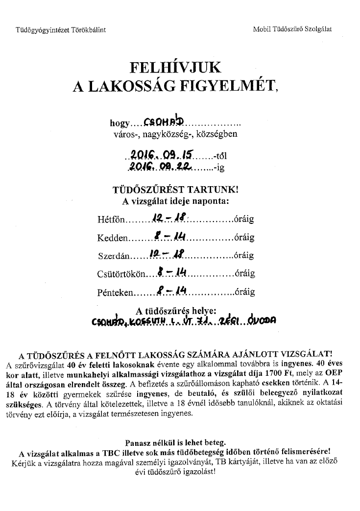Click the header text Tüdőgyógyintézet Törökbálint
pyautogui.click(x=61, y=29)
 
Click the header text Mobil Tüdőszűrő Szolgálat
pyautogui.click(x=292, y=29)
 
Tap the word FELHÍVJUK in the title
pyautogui.click(x=175, y=67)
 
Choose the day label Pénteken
pyautogui.click(x=115, y=292)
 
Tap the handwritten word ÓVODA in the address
pyautogui.click(x=264, y=321)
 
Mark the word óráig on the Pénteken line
pyautogui.click(x=244, y=292)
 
